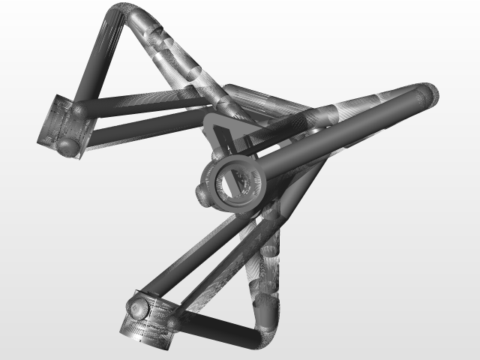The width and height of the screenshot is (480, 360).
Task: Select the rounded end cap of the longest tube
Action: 427,94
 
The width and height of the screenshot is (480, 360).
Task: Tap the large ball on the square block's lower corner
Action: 70,146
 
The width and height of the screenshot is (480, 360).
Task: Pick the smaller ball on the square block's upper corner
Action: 79,111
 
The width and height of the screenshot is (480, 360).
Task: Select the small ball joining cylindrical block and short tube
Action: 173,322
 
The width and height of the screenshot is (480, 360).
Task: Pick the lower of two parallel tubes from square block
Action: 142,127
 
